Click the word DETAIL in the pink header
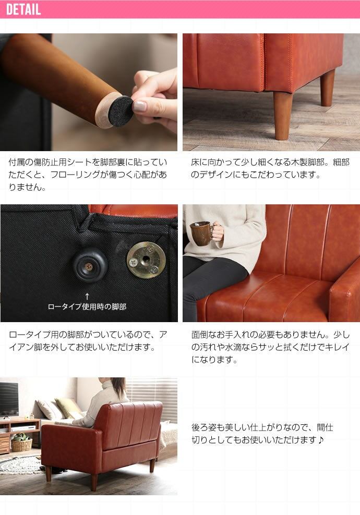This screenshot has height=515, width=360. tap(23, 9)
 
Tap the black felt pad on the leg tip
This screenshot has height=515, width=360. tap(121, 110)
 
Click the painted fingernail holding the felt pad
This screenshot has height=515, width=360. tap(139, 106)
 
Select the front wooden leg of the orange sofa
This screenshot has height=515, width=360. tap(283, 116)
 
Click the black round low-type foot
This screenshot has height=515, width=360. tap(90, 265)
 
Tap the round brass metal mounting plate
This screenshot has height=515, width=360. tap(146, 260)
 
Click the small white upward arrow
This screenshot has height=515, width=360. tap(87, 297)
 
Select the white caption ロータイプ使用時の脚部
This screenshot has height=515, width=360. tap(87, 307)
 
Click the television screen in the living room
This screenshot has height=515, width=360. tap(9, 399)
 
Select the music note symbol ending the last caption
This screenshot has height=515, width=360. tap(321, 440)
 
